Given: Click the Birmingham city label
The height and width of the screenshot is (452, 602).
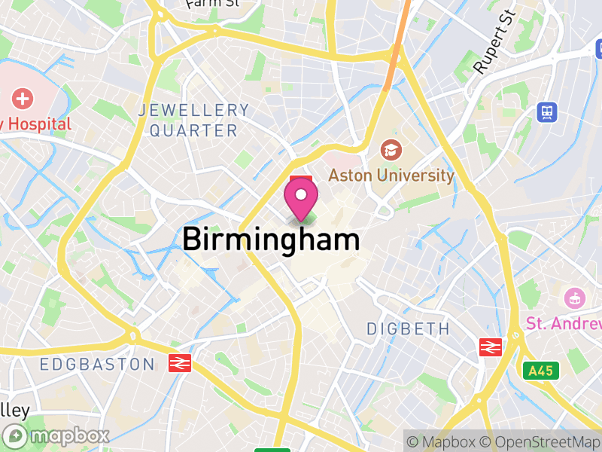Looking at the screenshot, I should [271, 240].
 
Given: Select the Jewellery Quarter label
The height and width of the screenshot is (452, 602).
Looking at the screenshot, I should [193, 121].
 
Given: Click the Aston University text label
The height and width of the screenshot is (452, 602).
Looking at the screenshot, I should [391, 176].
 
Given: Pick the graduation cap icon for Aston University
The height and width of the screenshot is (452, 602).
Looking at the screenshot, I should [391, 150].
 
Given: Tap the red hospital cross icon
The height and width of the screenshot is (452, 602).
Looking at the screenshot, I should [23, 99].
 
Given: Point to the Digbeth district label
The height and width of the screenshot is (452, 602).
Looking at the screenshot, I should [408, 329].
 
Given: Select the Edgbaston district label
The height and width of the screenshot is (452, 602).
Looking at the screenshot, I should [96, 365].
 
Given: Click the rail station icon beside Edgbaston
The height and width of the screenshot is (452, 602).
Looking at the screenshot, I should [180, 363].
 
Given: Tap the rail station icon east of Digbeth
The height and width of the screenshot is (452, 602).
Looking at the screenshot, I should [491, 347].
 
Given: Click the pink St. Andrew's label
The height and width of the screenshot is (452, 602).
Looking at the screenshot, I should [564, 323].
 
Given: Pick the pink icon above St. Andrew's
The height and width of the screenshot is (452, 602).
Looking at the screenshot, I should [575, 297].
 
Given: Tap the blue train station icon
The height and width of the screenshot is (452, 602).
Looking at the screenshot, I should [547, 112].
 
